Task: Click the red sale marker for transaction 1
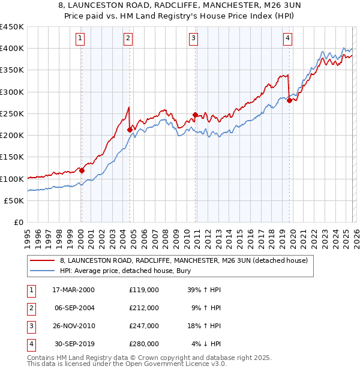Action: (x=82, y=170)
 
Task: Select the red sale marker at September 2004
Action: (x=130, y=129)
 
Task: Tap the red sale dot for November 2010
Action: (x=195, y=115)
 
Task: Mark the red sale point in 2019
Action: (x=289, y=100)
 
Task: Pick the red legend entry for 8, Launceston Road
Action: (x=184, y=260)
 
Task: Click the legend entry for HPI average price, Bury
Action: (x=141, y=271)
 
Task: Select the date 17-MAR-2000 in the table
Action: (x=74, y=289)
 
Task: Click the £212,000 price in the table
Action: (x=143, y=308)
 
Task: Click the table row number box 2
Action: (x=31, y=308)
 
